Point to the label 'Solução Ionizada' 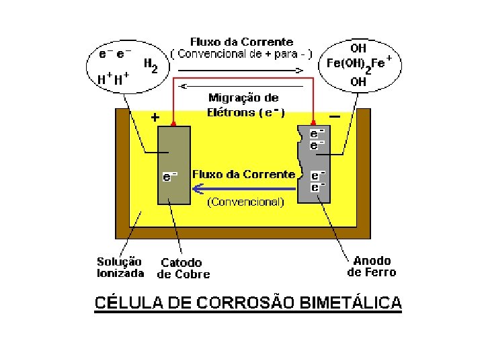tap(120, 268)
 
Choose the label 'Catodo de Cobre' tap(184, 268)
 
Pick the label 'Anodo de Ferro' tap(372, 266)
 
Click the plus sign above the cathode tap(155, 117)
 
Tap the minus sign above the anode tap(335, 116)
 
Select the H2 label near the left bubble tap(151, 65)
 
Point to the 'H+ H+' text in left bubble tap(113, 78)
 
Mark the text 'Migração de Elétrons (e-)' tap(243, 105)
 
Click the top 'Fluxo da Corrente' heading tap(241, 42)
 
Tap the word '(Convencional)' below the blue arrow tap(245, 201)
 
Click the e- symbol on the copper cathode tap(170, 177)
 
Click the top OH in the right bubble tap(358, 48)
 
